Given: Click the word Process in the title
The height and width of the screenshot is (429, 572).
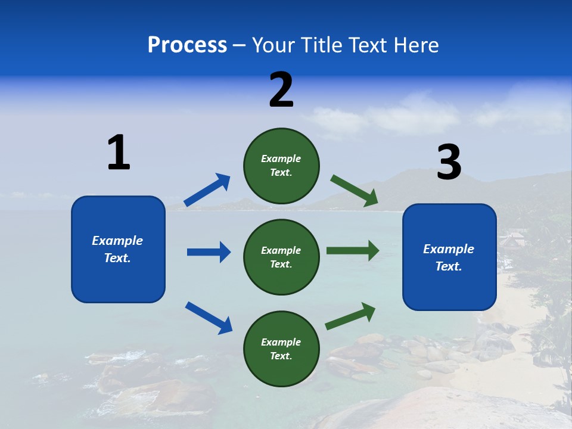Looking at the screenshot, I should coord(187,45).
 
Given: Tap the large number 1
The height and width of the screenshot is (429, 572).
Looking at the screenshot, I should coord(119,153).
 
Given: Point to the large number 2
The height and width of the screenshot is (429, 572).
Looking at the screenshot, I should coord(281,91).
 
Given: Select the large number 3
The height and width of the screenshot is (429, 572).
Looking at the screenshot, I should coord(449,163).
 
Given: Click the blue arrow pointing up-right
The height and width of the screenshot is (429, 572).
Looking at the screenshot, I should coord(207,190).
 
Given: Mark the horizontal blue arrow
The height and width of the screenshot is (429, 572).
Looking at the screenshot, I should coord(209,252).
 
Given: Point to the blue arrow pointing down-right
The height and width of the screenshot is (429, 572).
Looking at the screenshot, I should coord(209,318).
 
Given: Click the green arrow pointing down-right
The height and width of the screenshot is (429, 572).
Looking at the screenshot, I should coord(355,191).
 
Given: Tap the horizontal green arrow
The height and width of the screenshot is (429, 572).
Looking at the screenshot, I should coord(353,251).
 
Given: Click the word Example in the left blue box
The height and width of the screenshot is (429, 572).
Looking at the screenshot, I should coord(117,241).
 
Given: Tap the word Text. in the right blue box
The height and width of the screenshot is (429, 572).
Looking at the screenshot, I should coord(449,266).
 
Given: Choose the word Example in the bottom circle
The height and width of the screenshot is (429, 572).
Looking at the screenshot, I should coord(281,342).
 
